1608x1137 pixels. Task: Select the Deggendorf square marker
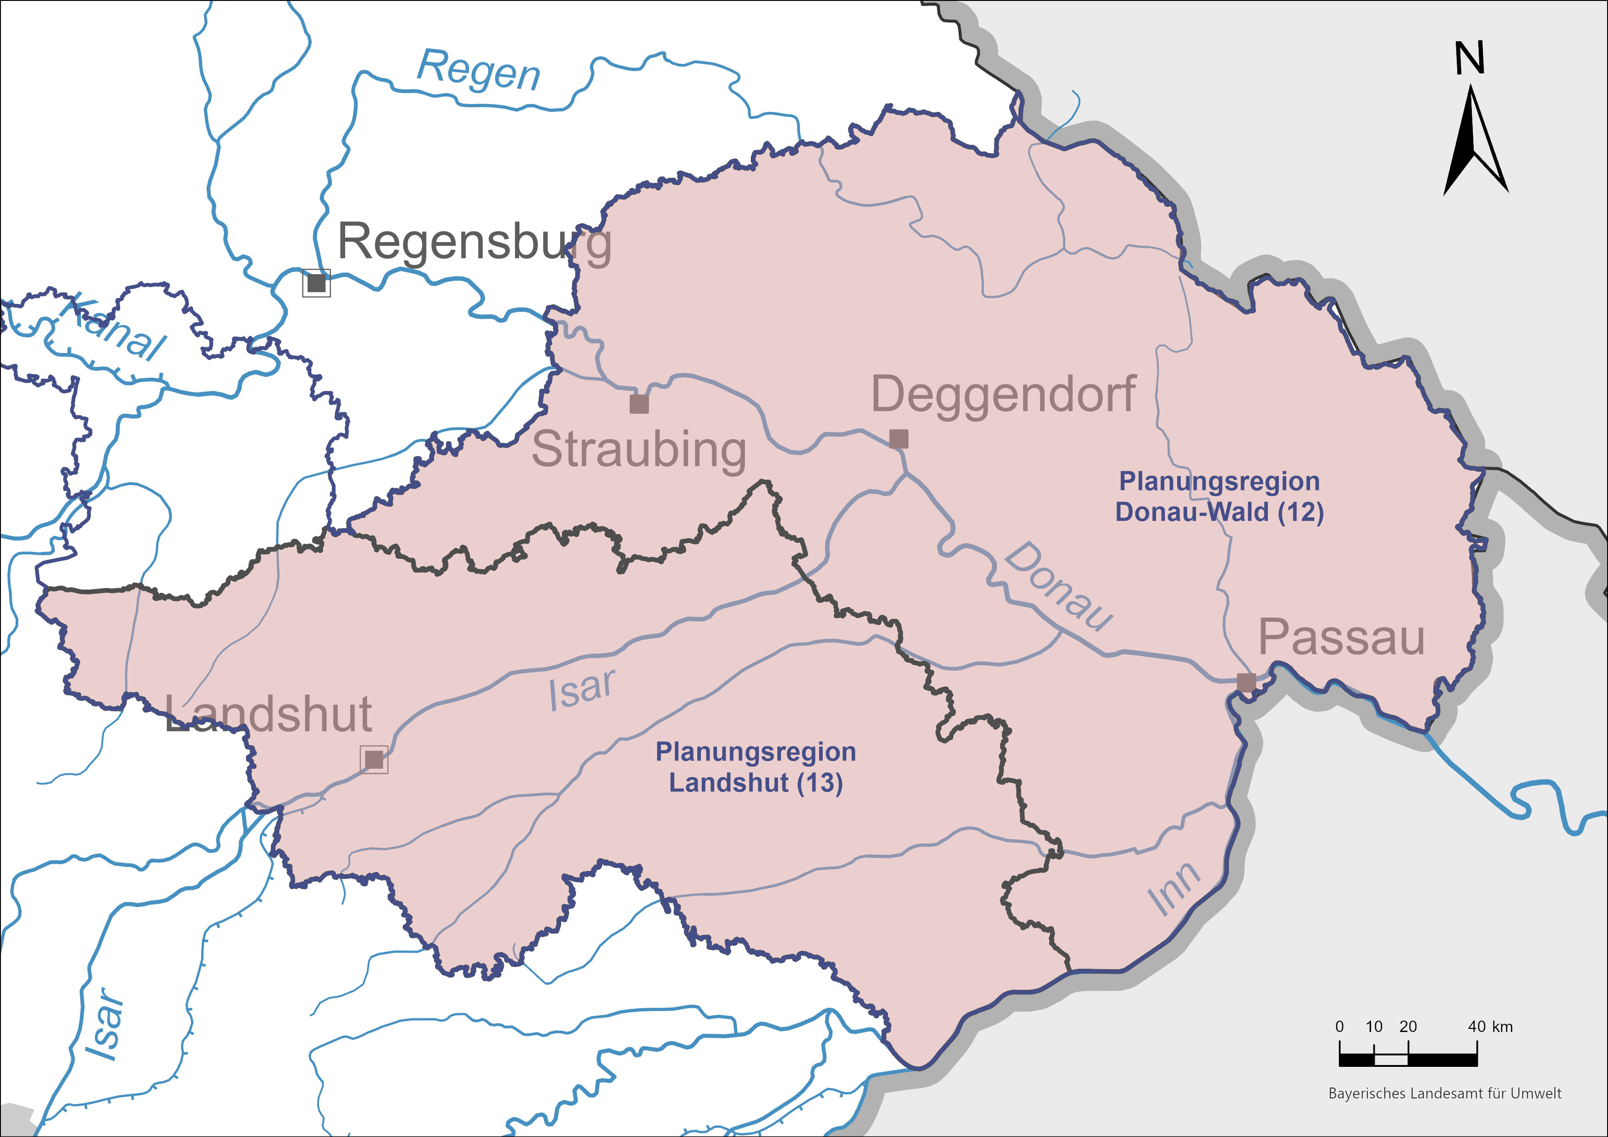pos(898,439)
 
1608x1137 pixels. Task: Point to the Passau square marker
pos(1246,682)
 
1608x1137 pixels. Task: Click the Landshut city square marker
pos(374,759)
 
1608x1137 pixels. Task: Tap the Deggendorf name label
pos(1003,394)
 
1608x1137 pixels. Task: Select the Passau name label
pos(1341,638)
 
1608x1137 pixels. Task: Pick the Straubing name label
pos(639,450)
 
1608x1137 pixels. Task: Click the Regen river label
pos(479,71)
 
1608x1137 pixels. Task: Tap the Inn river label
pos(1174,889)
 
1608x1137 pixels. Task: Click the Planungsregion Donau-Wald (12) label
pos(1219,497)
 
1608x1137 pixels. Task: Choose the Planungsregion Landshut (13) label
pos(756,767)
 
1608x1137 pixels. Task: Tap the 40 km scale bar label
pos(1490,1027)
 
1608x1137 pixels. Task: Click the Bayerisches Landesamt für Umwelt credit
pos(1445,1093)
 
